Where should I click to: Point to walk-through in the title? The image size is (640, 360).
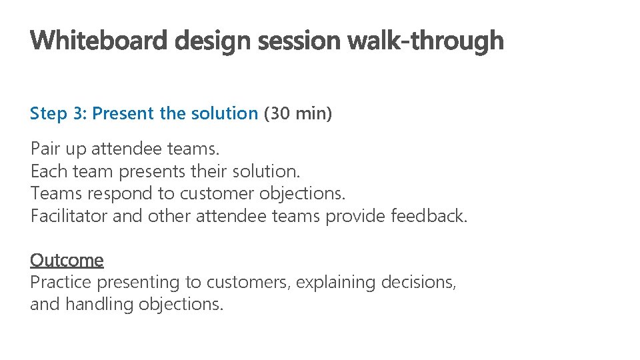(x=426, y=41)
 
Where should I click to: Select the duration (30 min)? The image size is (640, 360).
(x=297, y=114)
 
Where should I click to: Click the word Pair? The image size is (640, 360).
(x=45, y=149)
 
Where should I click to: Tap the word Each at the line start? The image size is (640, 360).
(x=49, y=171)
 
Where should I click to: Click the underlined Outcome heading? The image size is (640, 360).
(x=67, y=260)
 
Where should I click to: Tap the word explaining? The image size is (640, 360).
(x=336, y=283)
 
